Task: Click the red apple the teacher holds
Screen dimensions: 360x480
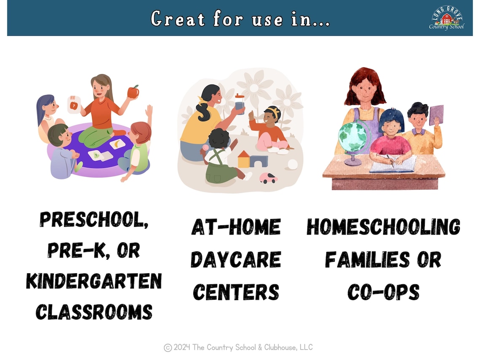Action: point(133,91)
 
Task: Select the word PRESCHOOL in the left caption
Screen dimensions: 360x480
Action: point(94,220)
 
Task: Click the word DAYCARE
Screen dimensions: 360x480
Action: point(236,259)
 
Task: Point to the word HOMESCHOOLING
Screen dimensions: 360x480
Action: point(383,227)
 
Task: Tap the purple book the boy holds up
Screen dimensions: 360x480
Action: point(437,115)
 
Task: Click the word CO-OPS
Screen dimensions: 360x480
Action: point(383,291)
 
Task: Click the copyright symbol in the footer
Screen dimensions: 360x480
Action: point(168,347)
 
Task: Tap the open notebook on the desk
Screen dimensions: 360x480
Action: point(392,164)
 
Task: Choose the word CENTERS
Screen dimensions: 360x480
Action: point(236,291)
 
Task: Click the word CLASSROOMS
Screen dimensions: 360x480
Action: point(94,312)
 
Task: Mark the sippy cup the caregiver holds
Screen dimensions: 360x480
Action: point(240,104)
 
